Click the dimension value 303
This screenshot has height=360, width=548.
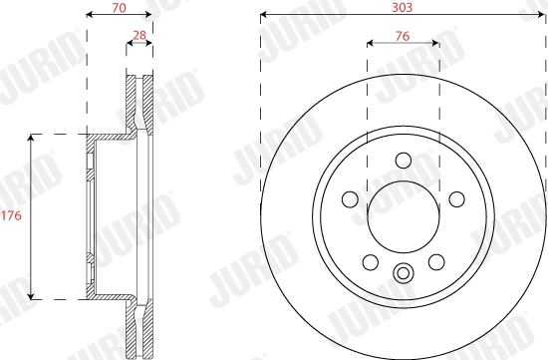pos(402,6)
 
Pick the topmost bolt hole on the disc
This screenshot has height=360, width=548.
pos(403,160)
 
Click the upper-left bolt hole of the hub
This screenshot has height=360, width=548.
pos(351,197)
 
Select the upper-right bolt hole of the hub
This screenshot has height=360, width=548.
pos(454,197)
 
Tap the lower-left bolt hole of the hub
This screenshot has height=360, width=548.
pos(370,261)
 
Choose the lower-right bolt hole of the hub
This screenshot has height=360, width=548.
pos(435,261)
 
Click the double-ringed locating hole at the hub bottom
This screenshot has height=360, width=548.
pos(403,273)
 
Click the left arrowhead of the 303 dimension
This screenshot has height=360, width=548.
pos(264,16)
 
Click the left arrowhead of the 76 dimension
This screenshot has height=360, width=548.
pos(371,44)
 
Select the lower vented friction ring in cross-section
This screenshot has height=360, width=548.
pos(137,327)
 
